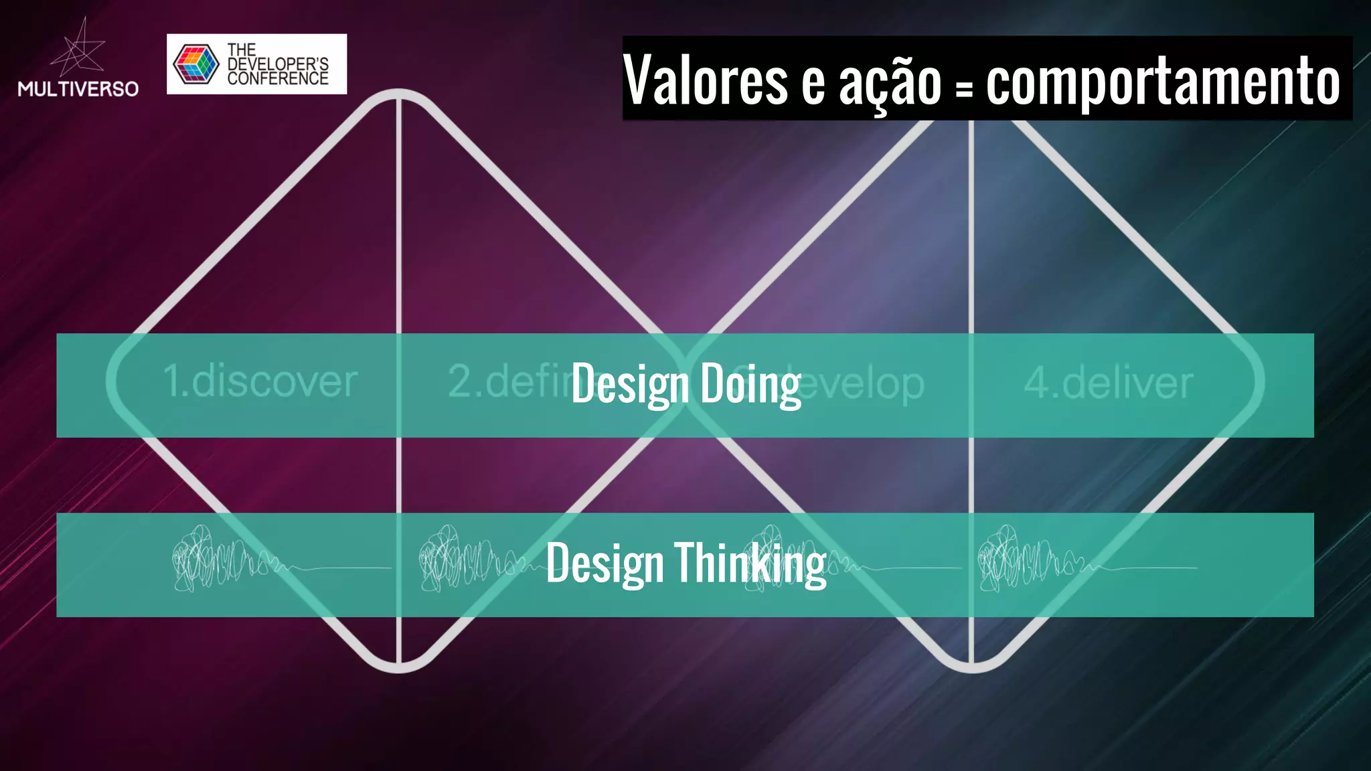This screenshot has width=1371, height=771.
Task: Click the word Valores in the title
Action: point(706,80)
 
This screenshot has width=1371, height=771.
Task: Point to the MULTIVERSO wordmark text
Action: point(78,89)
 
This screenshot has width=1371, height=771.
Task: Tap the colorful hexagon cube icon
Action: point(195,64)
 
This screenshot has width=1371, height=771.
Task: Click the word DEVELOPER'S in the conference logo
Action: point(278,64)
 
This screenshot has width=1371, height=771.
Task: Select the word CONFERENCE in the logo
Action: point(278,78)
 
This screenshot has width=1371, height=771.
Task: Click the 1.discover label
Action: point(260,381)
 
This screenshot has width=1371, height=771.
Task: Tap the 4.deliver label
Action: point(1109,383)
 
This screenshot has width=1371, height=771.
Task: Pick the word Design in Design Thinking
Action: point(604,564)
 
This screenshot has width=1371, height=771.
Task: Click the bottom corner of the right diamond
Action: point(971,667)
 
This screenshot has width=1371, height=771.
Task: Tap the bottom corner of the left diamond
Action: point(399,667)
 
